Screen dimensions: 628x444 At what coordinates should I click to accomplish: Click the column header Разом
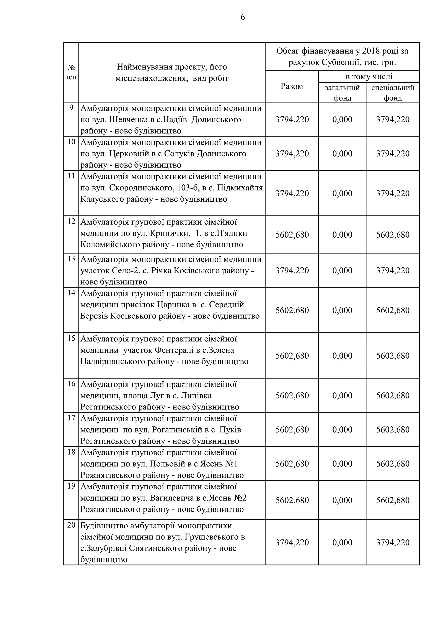[x=292, y=86]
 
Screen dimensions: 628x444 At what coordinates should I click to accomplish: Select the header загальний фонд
[x=342, y=93]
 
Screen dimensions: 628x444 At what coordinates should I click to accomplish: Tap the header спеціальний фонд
[x=393, y=93]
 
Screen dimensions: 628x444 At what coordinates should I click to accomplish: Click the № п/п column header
[x=71, y=72]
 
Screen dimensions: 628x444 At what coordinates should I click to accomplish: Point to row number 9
[x=71, y=108]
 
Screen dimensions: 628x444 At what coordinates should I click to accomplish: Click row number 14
[x=71, y=293]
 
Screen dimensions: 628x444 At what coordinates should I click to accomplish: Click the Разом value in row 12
[x=292, y=235]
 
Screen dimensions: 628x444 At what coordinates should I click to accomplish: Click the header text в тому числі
[x=369, y=77]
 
